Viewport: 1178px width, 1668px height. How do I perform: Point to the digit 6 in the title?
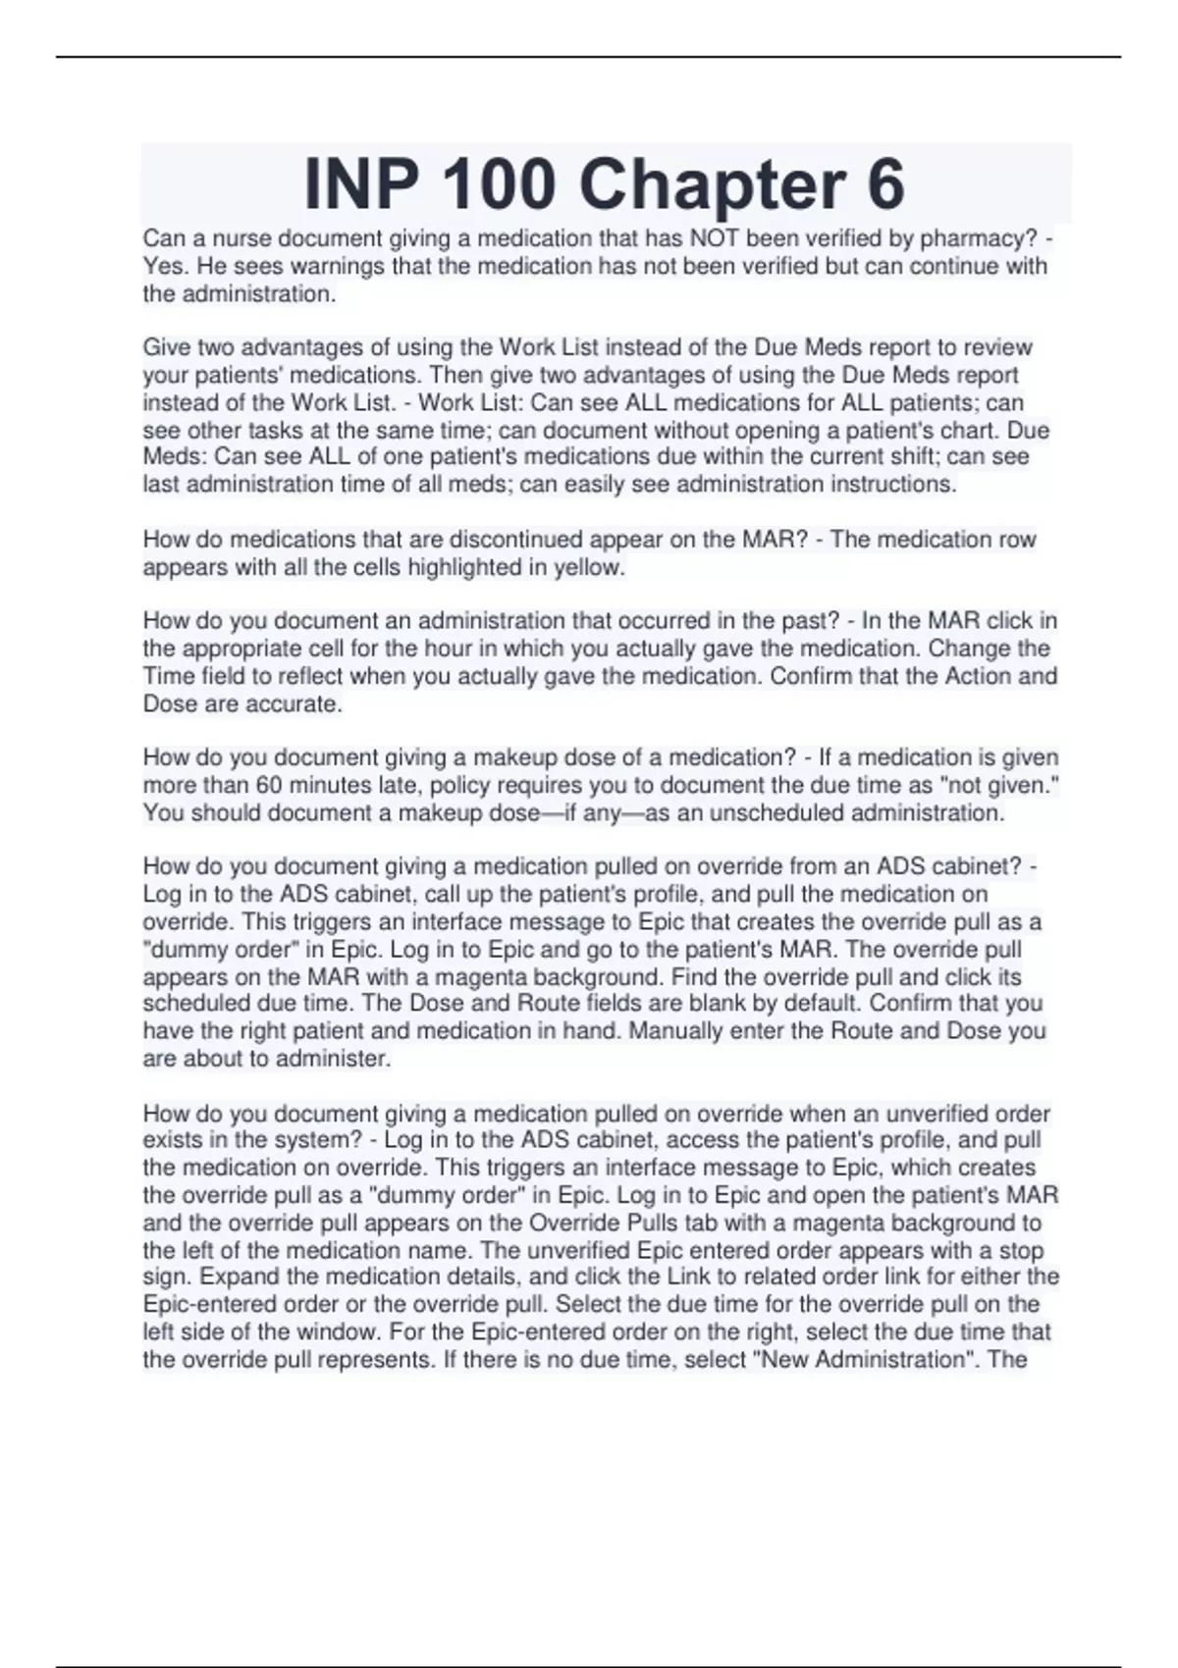coord(885,184)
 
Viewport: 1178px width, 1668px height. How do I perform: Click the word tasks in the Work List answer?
coord(263,430)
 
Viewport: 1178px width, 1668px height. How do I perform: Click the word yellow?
coord(588,567)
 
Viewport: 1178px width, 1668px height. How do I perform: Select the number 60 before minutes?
coord(270,785)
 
